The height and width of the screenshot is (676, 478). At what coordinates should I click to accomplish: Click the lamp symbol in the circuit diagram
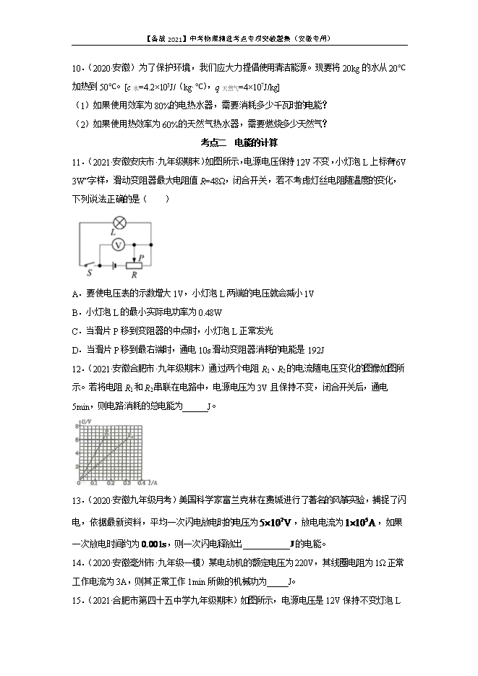[113, 223]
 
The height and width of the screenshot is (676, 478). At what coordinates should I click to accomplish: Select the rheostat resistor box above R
[133, 265]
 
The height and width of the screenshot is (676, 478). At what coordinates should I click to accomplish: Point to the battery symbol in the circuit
[109, 265]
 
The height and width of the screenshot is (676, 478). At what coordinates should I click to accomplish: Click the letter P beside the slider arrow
[142, 257]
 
